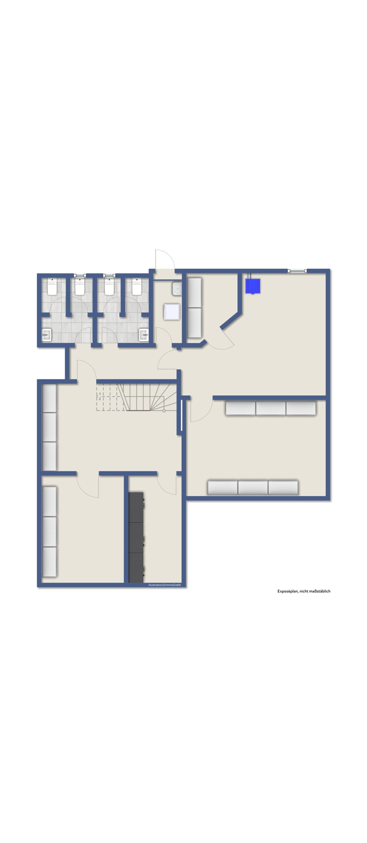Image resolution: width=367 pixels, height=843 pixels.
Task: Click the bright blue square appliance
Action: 252,286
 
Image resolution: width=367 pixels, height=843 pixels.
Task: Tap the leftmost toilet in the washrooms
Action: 52,286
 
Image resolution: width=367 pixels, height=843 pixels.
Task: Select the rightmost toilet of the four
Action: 136,286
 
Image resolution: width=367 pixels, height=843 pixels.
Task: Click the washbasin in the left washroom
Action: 46,335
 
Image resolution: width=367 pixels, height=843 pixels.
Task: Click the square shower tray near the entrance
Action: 171,311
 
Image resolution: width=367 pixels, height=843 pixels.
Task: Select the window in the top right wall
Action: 297,271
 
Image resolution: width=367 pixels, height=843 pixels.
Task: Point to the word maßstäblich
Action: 321,591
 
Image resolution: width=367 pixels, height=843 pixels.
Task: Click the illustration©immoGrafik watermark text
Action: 164,585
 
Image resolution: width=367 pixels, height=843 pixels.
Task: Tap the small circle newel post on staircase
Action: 164,410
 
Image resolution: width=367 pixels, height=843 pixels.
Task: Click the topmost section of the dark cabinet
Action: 136,507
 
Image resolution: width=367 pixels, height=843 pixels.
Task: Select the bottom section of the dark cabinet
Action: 136,568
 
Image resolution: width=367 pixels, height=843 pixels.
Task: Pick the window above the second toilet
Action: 80,275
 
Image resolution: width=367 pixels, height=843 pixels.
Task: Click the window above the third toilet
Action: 109,275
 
